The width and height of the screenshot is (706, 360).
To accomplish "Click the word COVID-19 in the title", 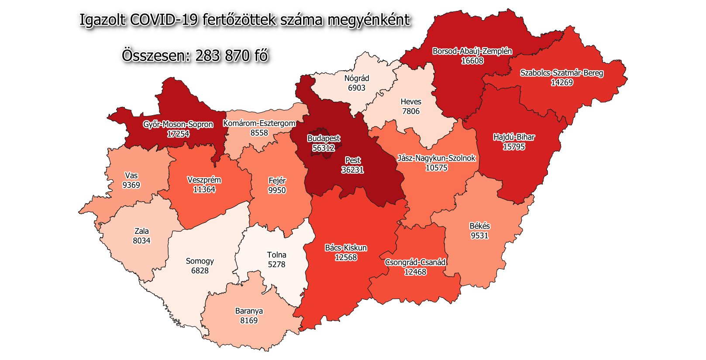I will [x=164, y=20].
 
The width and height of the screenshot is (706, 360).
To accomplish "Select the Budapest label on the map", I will [x=324, y=138].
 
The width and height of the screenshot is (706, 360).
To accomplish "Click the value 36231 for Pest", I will [x=352, y=170].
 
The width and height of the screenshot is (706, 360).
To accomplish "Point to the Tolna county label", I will [x=276, y=255].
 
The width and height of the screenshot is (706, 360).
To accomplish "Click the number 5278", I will [x=276, y=264].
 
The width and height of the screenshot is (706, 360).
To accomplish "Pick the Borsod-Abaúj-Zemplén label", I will [x=472, y=51].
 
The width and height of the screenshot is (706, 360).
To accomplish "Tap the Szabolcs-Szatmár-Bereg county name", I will [x=561, y=73].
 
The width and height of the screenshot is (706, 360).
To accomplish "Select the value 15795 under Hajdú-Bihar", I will [x=513, y=147].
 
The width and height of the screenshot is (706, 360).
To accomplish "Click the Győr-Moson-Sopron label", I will [x=178, y=124].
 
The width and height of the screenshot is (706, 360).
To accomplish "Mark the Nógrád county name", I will [x=357, y=78].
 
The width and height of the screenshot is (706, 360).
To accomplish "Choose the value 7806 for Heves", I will [x=411, y=111].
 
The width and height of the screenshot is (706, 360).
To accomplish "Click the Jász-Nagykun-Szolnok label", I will [x=436, y=158].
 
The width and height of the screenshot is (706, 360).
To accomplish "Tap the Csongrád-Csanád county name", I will [x=415, y=262].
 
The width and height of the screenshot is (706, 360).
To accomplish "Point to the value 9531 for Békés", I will [x=479, y=236].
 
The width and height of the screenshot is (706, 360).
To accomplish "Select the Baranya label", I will [x=249, y=311].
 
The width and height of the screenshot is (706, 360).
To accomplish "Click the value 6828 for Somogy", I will [x=200, y=271].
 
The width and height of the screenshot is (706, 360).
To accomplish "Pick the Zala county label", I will [x=141, y=231].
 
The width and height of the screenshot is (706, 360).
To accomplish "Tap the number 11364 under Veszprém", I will [x=204, y=189].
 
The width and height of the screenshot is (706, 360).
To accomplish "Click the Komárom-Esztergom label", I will [x=259, y=123].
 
